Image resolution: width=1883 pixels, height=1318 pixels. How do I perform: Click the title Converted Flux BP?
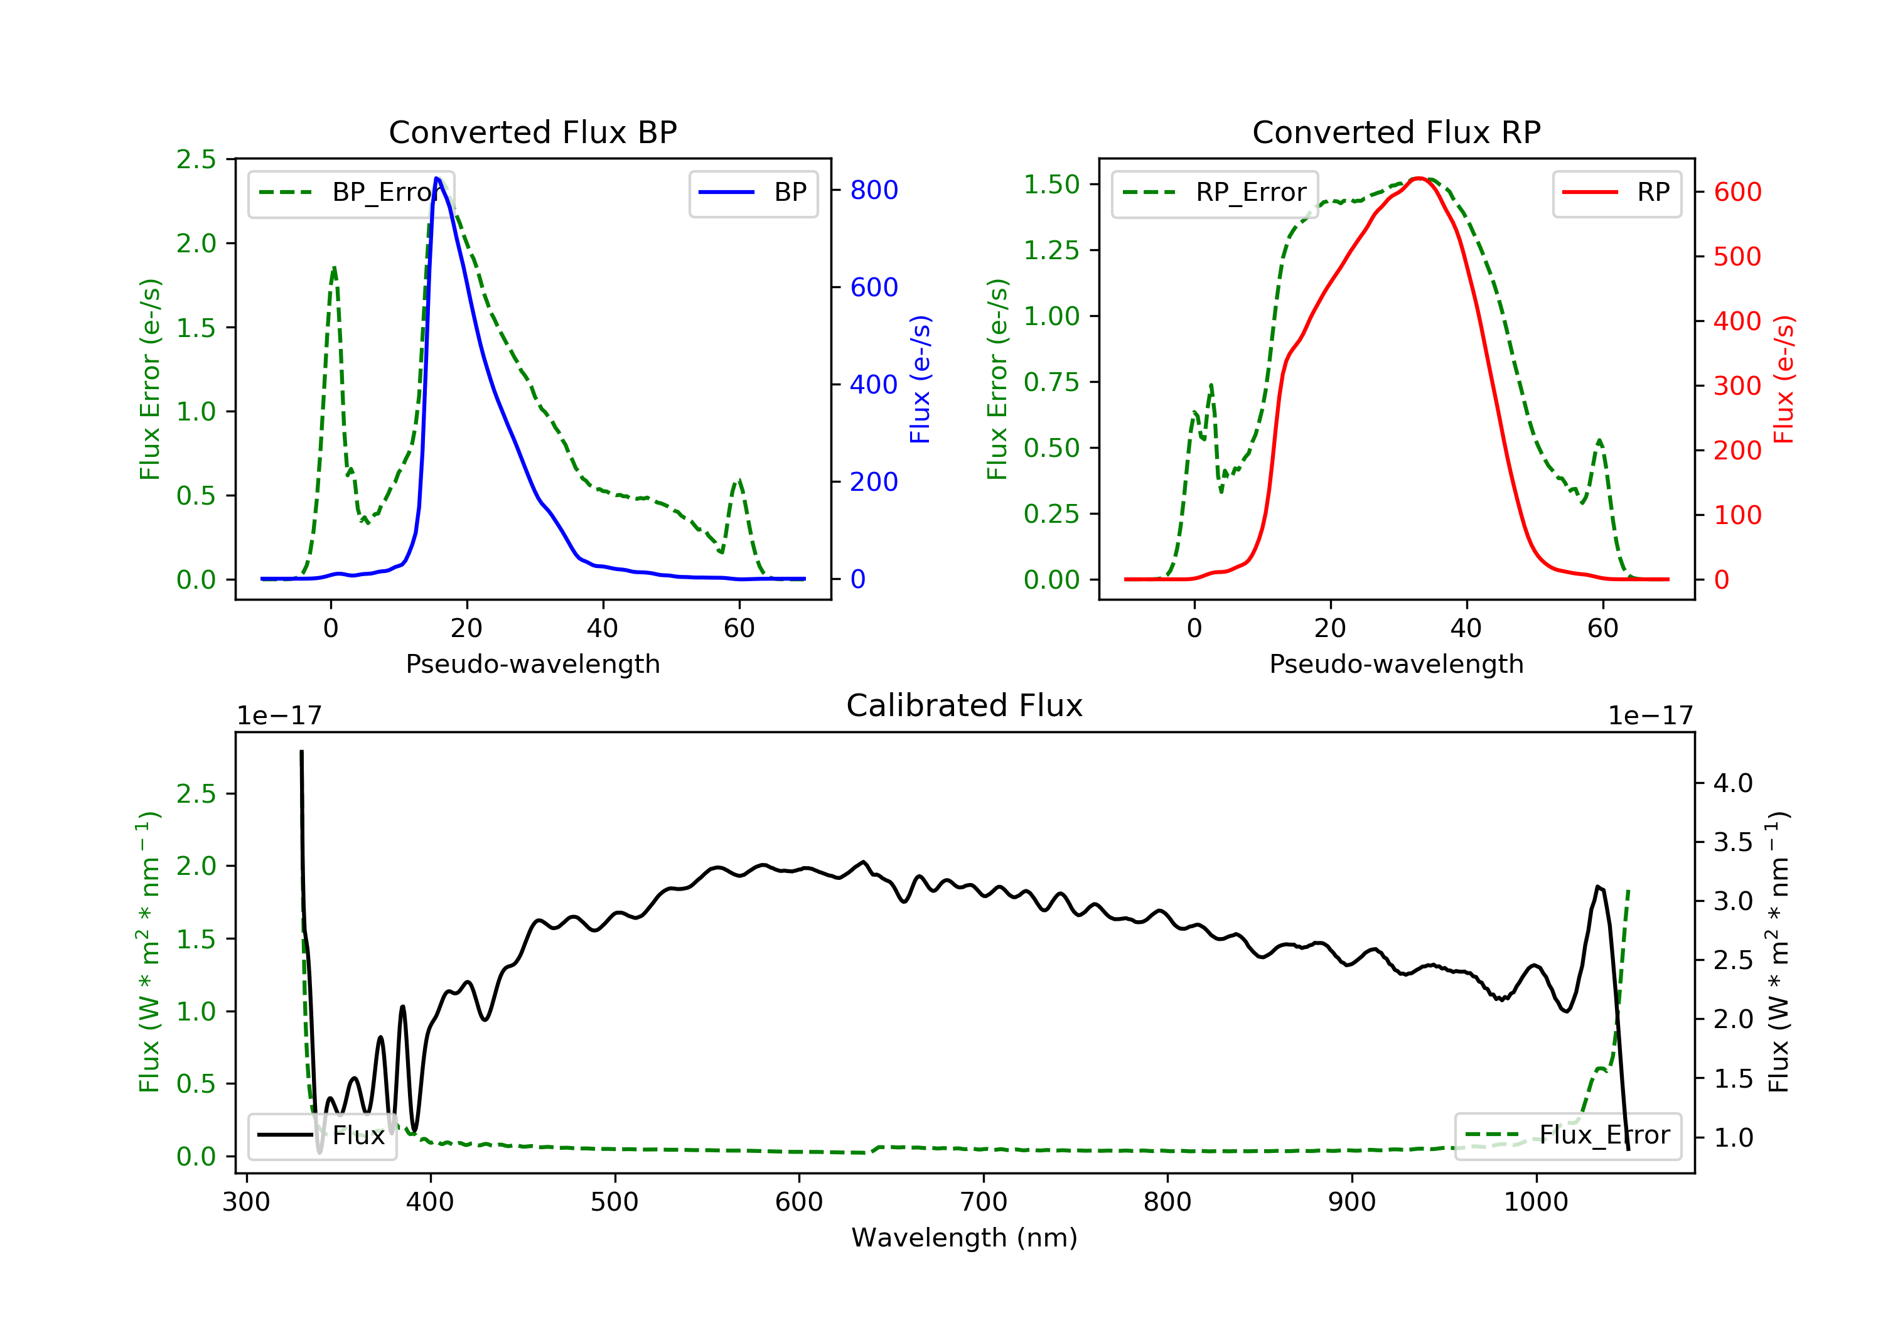[532, 132]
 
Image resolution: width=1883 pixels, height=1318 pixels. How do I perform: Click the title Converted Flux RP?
[1396, 132]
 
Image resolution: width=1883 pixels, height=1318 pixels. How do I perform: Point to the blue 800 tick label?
[874, 190]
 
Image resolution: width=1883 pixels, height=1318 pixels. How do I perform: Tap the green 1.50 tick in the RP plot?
[1051, 185]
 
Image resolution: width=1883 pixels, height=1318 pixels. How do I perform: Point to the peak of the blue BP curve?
[437, 178]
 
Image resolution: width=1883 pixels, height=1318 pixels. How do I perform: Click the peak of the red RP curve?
[1417, 178]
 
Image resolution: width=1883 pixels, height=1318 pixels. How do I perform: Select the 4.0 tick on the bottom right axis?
[1733, 783]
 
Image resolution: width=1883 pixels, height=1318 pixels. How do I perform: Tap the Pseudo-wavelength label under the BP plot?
[532, 663]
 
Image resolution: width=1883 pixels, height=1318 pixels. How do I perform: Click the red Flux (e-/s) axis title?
[1784, 379]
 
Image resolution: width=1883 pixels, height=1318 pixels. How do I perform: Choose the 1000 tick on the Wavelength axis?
[1535, 1203]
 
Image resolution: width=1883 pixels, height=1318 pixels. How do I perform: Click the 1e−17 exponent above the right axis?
[1650, 716]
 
